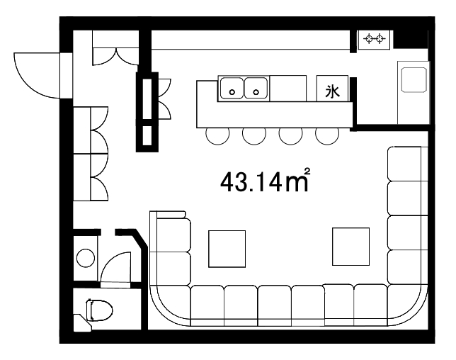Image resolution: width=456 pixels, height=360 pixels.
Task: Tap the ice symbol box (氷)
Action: pyautogui.click(x=332, y=88)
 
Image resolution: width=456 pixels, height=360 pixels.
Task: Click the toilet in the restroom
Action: pyautogui.click(x=99, y=310)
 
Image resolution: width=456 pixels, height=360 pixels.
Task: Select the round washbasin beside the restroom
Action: pyautogui.click(x=86, y=258)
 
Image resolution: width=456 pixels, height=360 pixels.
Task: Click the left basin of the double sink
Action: pyautogui.click(x=232, y=88)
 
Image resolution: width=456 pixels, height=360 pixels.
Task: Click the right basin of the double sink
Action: pyautogui.click(x=256, y=88)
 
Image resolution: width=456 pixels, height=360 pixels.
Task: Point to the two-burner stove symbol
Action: pyautogui.click(x=374, y=39)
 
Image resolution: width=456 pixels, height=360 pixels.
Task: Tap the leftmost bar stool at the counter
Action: pyautogui.click(x=217, y=136)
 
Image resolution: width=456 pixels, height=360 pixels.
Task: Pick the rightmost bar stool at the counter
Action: pyautogui.click(x=327, y=136)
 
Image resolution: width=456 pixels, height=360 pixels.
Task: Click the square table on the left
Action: pyautogui.click(x=227, y=249)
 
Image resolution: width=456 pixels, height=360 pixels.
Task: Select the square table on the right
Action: pyautogui.click(x=350, y=247)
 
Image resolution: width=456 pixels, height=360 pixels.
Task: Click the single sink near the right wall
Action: pyautogui.click(x=414, y=80)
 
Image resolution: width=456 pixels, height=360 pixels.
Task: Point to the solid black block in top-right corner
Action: pyautogui.click(x=411, y=39)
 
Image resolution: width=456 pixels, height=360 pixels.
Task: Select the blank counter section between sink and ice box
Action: pyautogui.click(x=288, y=88)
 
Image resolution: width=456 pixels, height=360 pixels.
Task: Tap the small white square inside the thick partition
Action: pyautogui.click(x=147, y=135)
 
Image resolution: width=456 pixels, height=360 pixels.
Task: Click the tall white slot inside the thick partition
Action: pyautogui.click(x=147, y=99)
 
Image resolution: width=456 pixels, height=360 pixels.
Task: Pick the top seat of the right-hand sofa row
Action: pyautogui.click(x=404, y=164)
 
